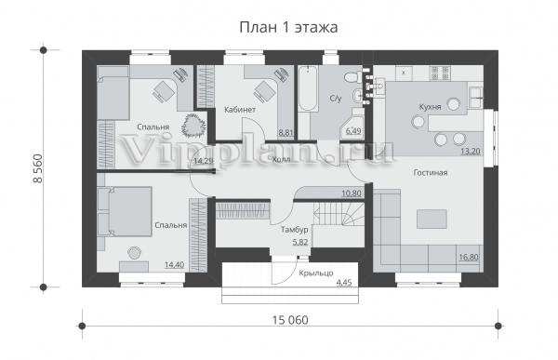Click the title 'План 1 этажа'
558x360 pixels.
click(x=288, y=27)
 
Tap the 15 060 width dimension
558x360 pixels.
click(x=290, y=320)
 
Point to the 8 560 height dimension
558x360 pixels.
click(x=37, y=168)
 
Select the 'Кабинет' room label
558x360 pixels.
click(x=240, y=110)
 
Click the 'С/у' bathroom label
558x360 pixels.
click(x=336, y=99)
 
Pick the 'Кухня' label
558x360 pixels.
click(x=430, y=107)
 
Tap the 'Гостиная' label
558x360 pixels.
click(x=431, y=173)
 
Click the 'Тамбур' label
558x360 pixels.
click(x=294, y=230)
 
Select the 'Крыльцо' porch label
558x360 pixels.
click(x=316, y=273)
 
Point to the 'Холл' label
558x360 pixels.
click(x=281, y=159)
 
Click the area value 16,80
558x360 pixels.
click(x=469, y=257)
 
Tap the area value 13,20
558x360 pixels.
click(x=471, y=151)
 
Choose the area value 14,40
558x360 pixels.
click(x=175, y=264)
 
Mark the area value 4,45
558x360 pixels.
click(x=344, y=283)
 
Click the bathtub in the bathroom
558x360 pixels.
click(x=308, y=88)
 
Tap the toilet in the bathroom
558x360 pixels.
click(x=352, y=76)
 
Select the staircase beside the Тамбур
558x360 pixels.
click(x=339, y=214)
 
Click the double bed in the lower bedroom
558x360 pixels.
click(x=125, y=211)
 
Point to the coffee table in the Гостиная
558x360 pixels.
click(x=432, y=219)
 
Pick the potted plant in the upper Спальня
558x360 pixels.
click(x=193, y=125)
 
